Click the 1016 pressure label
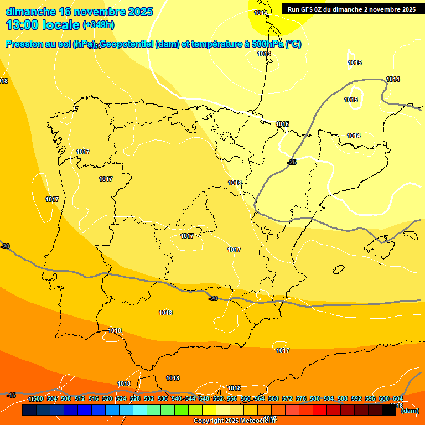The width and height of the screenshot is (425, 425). click(x=235, y=183)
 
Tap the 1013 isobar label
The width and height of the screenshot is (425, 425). click(x=264, y=54)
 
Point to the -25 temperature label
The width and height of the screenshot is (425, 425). click(x=292, y=162)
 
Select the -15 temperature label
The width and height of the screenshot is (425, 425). click(x=11, y=395)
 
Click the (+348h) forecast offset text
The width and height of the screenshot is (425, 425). click(x=99, y=25)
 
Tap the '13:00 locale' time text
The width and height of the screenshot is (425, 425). click(x=43, y=25)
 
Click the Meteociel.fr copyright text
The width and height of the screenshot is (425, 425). click(x=235, y=421)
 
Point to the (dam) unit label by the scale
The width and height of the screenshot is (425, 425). click(x=410, y=411)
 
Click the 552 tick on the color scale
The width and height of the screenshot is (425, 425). click(x=218, y=398)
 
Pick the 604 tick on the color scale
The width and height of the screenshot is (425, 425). click(x=398, y=398)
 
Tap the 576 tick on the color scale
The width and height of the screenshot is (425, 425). click(x=301, y=398)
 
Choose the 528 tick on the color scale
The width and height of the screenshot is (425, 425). click(x=135, y=398)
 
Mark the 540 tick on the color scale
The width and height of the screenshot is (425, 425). click(x=177, y=398)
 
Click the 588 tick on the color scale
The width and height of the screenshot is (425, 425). click(x=343, y=398)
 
